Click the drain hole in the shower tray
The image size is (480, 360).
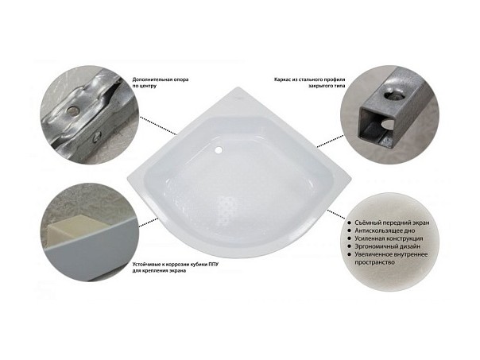pos(219,150)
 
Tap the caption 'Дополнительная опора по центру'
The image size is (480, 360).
pos(160,83)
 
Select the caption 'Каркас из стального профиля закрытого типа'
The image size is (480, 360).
pos(310,83)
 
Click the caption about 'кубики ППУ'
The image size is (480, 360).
pos(176,268)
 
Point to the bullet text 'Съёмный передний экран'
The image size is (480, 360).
pos(392,223)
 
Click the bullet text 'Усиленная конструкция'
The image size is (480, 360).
pos(389,238)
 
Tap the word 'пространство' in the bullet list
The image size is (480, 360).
pos(374,263)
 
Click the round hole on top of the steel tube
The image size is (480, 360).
pos(393,95)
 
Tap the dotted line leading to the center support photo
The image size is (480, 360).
pos(158,126)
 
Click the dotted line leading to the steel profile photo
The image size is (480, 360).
pos(331,141)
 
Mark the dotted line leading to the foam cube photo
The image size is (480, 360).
pos(149,223)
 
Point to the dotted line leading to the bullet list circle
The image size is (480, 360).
pos(337,214)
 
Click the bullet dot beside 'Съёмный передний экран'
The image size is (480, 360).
pos(350,223)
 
